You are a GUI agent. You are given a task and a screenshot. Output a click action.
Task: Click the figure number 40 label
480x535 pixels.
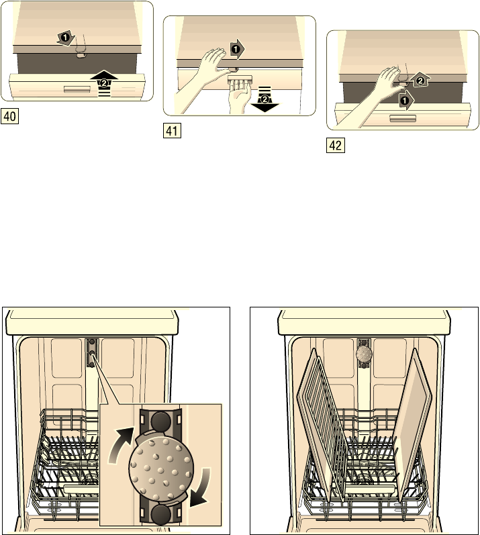[x=9, y=116]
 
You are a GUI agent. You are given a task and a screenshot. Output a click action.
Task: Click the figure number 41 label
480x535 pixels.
[x=173, y=131]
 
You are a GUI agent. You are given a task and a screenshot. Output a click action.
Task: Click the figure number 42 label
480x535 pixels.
[x=336, y=146]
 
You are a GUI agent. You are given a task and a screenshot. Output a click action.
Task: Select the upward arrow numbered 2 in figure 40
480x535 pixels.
[x=104, y=83]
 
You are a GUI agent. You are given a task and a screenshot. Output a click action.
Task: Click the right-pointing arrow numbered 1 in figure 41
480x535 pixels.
[x=237, y=50]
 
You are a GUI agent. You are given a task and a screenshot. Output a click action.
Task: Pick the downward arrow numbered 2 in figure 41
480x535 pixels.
[x=265, y=99]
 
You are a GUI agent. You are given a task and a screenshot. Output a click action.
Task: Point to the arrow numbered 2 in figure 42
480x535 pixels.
[x=420, y=81]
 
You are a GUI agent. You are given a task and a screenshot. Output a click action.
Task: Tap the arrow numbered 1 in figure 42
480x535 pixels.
[x=405, y=101]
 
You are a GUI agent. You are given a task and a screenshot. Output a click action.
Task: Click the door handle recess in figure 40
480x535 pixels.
[x=77, y=89]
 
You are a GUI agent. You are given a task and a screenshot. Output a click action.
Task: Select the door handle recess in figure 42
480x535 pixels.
[x=403, y=118]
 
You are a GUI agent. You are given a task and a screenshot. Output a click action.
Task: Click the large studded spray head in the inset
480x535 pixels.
[x=161, y=469]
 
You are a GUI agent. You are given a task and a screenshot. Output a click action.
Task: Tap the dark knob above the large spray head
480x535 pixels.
[x=160, y=422]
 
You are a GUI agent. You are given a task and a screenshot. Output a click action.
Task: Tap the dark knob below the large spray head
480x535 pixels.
[x=161, y=515]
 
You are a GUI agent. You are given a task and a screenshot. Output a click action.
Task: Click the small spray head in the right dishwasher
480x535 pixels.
[x=364, y=354]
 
